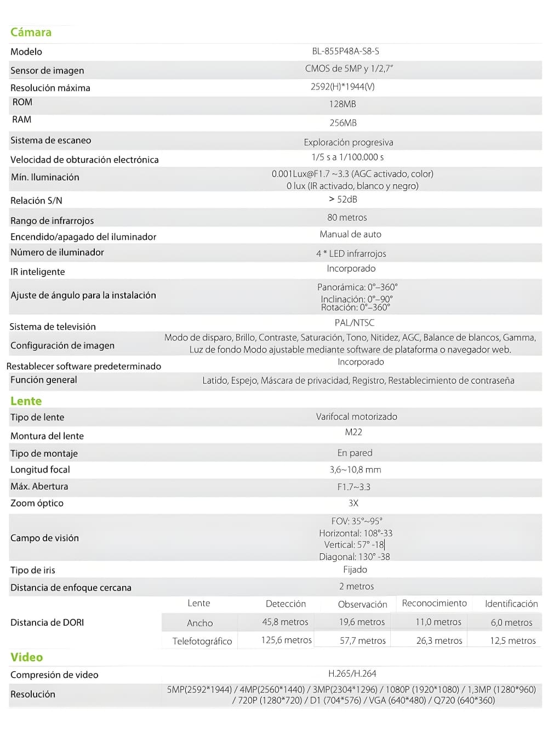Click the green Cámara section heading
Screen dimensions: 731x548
[x=31, y=32]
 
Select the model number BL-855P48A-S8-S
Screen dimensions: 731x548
[x=345, y=51]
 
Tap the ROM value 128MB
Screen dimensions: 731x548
[x=342, y=104]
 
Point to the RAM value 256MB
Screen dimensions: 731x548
[x=343, y=123]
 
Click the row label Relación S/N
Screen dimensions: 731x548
[x=36, y=200]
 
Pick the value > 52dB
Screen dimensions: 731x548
[x=343, y=199]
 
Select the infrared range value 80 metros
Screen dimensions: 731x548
[x=347, y=217]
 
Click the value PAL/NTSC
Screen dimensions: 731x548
[x=355, y=323]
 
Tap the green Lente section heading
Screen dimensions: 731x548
[x=26, y=401]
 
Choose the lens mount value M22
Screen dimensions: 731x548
[x=353, y=432]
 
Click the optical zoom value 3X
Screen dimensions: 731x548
[x=353, y=503]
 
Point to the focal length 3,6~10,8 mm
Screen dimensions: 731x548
[x=355, y=470]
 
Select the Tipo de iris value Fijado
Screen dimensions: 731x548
[x=355, y=570]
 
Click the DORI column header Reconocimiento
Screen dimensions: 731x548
[x=434, y=603]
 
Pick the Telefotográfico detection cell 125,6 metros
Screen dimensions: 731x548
[x=286, y=640]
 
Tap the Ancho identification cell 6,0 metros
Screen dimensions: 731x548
[x=511, y=622]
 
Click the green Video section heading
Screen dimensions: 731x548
[x=26, y=657]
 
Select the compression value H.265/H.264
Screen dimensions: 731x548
[x=352, y=673]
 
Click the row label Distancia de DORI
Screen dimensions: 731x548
[x=47, y=622]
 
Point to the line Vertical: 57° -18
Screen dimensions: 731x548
[x=354, y=544]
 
